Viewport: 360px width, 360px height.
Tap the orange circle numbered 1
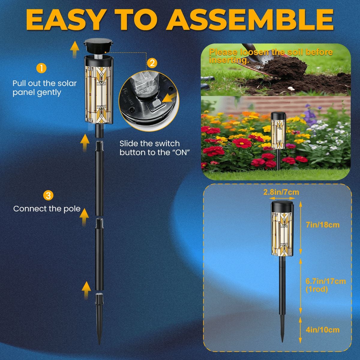click(x=41, y=68)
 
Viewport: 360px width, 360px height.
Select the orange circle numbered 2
click(x=152, y=63)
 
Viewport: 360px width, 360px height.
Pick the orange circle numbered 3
click(x=48, y=196)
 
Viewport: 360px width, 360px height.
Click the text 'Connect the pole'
click(x=47, y=209)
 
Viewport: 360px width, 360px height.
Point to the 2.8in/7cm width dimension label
click(x=281, y=192)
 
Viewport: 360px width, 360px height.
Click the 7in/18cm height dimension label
click(x=322, y=225)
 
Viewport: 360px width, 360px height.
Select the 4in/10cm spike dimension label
click(x=322, y=330)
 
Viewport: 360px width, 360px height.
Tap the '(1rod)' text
click(x=317, y=289)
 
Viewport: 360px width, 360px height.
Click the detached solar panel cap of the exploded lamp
click(x=99, y=48)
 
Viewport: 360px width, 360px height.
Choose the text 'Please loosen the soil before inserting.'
click(x=271, y=56)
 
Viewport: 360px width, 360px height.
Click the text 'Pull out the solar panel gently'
click(x=45, y=88)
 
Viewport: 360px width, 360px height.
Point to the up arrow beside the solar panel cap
click(x=74, y=49)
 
